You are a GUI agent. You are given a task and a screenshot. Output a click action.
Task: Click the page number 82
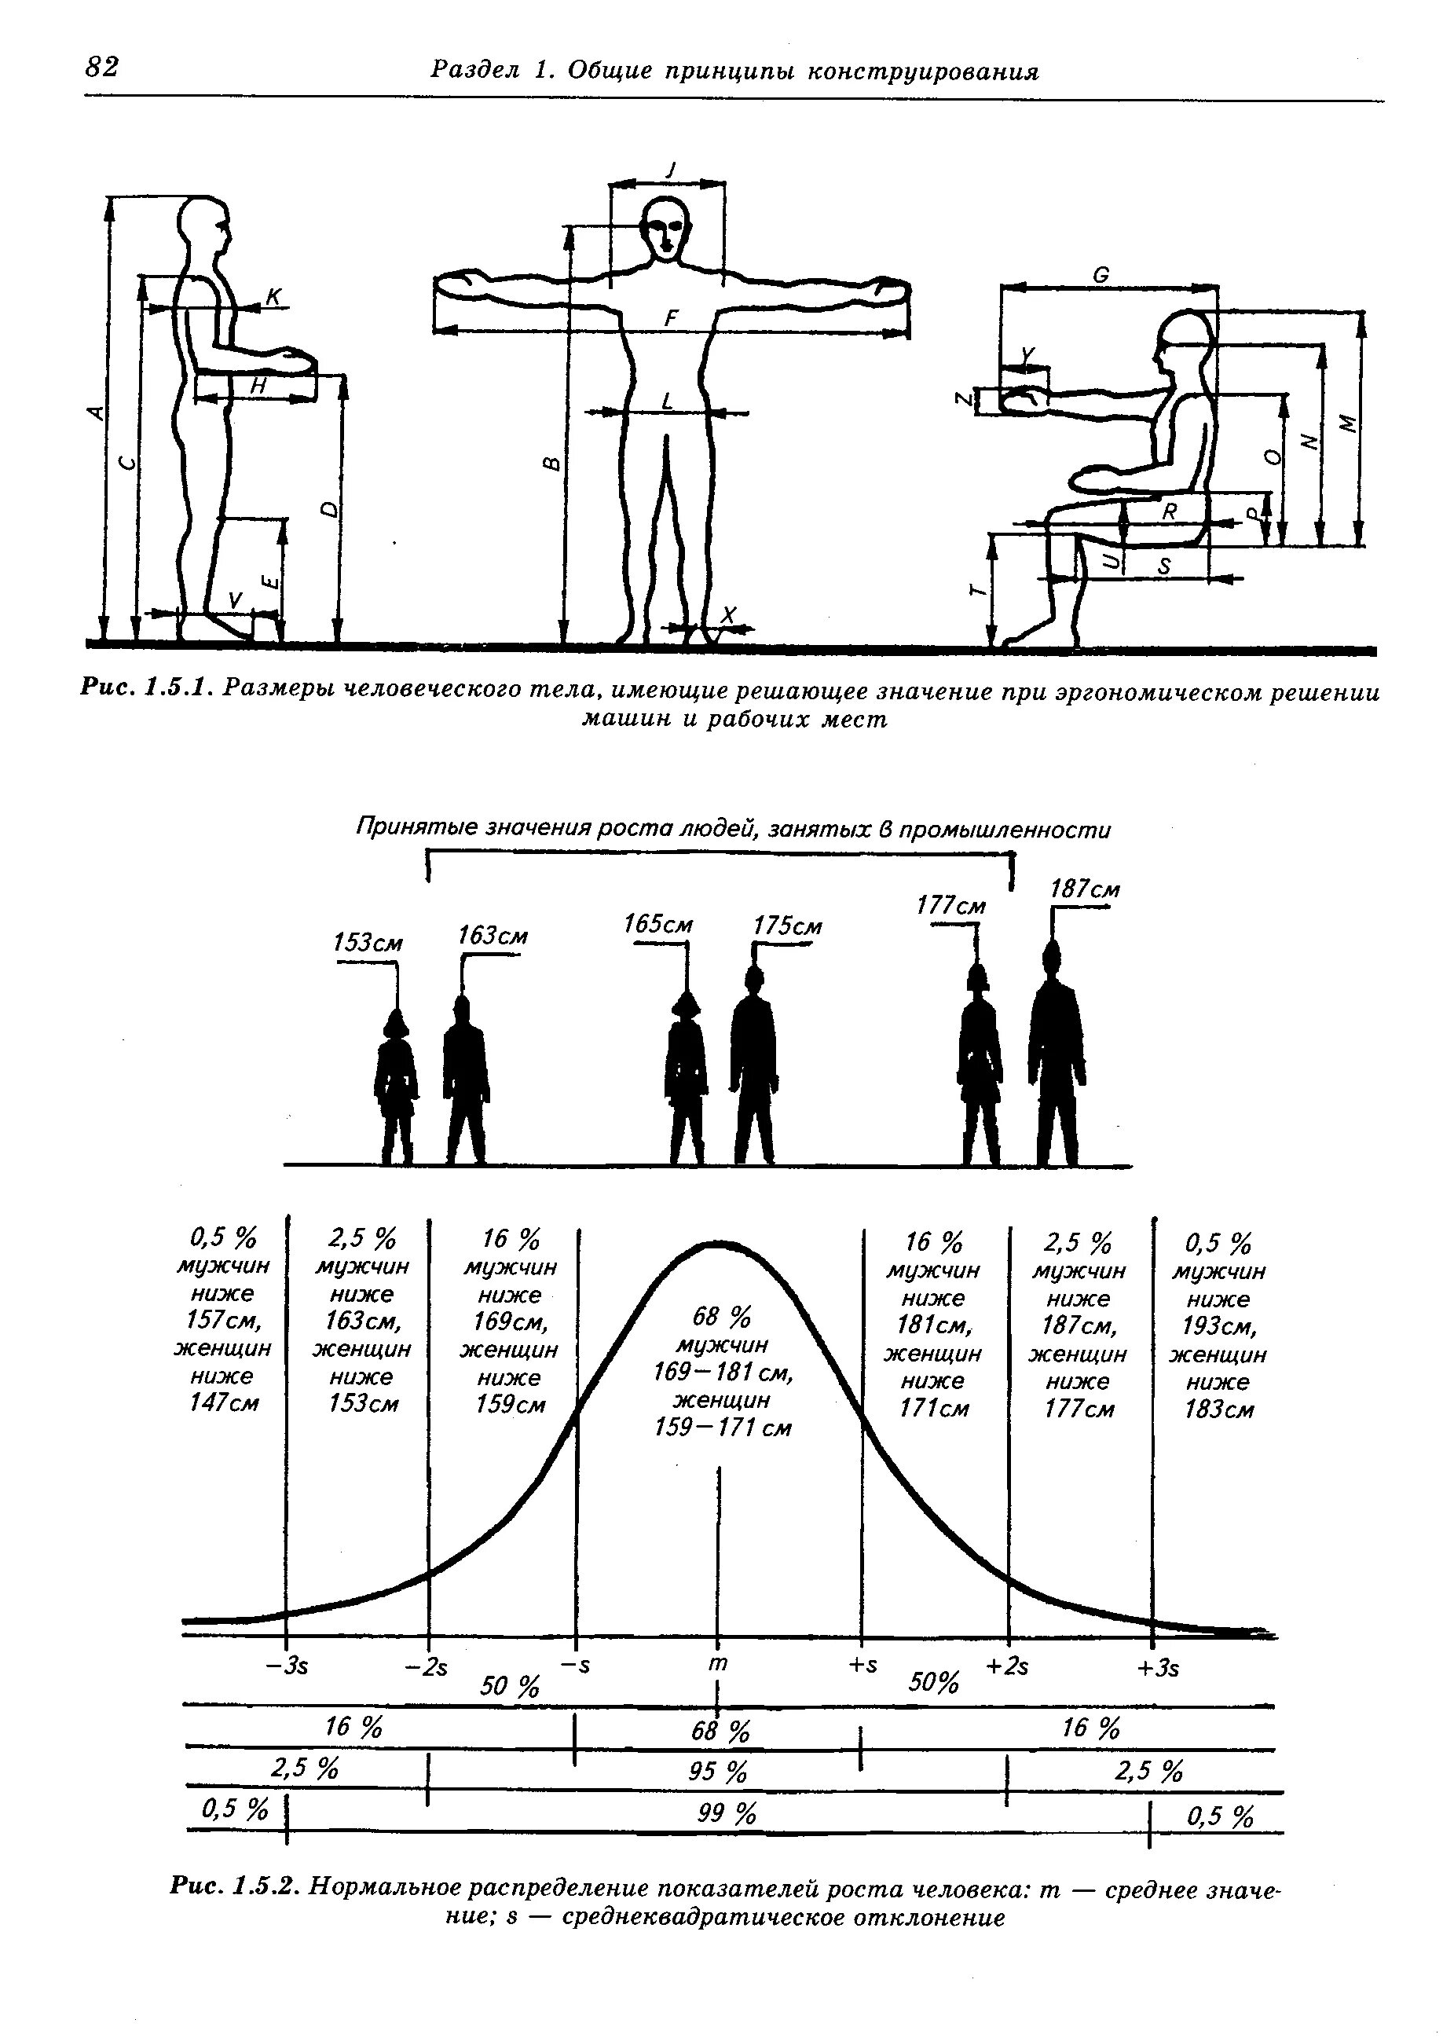[102, 66]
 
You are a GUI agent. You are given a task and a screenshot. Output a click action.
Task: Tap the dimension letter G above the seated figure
[1101, 276]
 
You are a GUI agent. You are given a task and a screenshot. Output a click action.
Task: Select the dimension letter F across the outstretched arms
[672, 318]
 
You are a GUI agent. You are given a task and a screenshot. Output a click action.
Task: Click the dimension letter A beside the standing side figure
[94, 412]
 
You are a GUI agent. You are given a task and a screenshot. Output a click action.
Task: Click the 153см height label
[368, 943]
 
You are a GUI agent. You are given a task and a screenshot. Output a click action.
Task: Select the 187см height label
[1085, 890]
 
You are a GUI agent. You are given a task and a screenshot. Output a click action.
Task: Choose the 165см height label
[658, 923]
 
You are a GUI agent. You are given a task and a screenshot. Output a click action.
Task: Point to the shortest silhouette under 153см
[397, 1088]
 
